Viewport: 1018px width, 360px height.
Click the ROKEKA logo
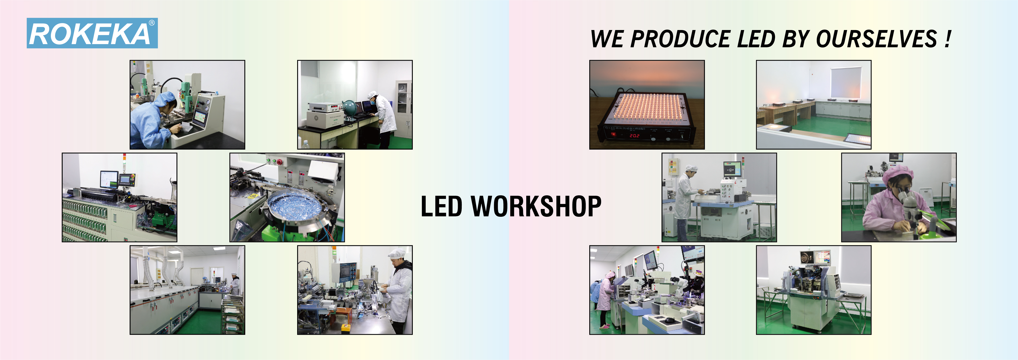[92, 33]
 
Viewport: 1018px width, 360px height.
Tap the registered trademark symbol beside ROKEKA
[152, 23]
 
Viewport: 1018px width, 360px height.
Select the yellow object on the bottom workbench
[346, 327]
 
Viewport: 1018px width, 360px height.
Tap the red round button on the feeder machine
[280, 162]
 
